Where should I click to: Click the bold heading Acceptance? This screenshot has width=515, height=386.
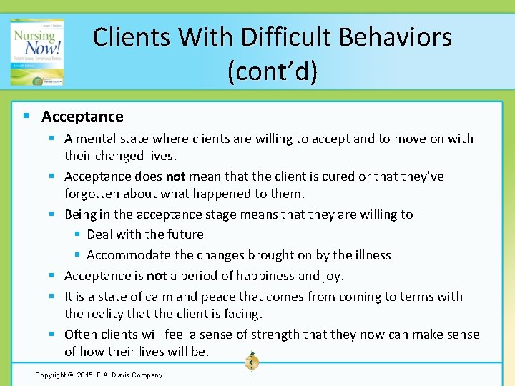point(82,117)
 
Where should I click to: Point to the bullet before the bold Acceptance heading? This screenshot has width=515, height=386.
point(26,117)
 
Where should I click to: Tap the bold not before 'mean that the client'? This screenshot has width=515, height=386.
point(176,177)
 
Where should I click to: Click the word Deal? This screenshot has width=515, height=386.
point(99,234)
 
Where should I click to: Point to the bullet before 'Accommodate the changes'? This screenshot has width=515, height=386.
point(78,255)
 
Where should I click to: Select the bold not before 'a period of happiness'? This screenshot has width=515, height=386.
point(157,276)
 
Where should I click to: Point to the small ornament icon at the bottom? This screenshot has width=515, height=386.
point(251,361)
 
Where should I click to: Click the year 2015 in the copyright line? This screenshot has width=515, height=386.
point(87,375)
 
